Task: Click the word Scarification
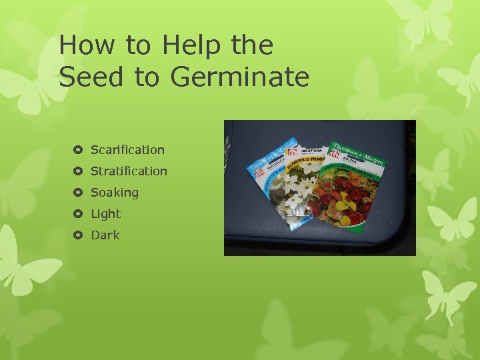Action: (x=127, y=150)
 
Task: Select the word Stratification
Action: (x=129, y=171)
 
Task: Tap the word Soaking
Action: (x=115, y=193)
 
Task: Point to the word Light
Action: (x=105, y=214)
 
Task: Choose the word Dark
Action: (x=105, y=235)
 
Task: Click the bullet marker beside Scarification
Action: (x=77, y=150)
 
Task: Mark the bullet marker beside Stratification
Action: (x=77, y=171)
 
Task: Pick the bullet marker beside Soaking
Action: (x=77, y=193)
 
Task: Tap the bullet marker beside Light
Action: (x=77, y=214)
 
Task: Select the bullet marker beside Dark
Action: (x=77, y=235)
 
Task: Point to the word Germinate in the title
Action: (x=240, y=77)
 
